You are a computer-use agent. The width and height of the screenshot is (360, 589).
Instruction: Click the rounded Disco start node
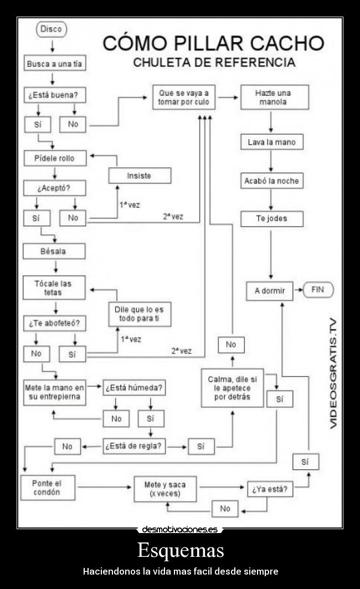[51, 29]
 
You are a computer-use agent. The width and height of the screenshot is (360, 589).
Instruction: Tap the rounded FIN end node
[318, 289]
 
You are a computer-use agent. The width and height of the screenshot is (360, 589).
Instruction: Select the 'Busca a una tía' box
[54, 64]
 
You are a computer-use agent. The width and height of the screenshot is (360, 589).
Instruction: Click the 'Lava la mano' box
[271, 142]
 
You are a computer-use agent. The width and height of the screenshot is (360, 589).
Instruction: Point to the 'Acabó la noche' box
[271, 181]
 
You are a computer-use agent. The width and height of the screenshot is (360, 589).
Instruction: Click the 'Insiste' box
[139, 176]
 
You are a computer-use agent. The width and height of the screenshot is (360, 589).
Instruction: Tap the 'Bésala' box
[54, 251]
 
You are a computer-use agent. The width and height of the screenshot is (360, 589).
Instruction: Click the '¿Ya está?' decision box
[270, 490]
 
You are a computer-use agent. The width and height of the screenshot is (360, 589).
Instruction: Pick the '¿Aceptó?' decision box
[54, 188]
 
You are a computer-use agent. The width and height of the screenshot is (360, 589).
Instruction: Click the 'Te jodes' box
[271, 219]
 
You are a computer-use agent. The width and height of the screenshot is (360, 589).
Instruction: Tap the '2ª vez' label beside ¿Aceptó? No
[173, 217]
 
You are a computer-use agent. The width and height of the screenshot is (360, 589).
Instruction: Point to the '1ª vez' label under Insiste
[130, 205]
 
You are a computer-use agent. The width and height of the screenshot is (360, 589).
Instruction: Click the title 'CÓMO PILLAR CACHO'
[214, 43]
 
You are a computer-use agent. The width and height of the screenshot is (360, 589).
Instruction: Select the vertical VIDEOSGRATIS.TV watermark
[333, 373]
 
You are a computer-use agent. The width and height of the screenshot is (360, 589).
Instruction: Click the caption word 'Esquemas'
[180, 550]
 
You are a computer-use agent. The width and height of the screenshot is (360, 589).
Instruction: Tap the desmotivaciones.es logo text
[179, 529]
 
